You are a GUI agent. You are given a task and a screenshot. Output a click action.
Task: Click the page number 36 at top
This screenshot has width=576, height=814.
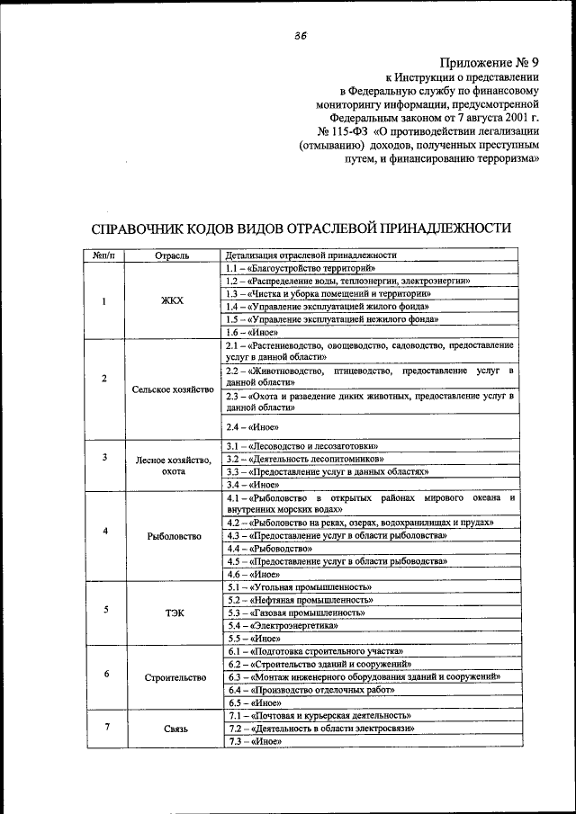pyautogui.click(x=300, y=36)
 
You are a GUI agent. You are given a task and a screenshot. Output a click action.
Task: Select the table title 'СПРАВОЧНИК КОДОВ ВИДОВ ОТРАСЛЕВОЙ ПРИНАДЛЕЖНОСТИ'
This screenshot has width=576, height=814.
pyautogui.click(x=301, y=228)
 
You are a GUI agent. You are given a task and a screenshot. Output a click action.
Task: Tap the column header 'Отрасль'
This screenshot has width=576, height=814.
pyautogui.click(x=172, y=255)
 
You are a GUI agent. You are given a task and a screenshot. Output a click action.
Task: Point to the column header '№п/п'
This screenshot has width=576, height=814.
pyautogui.click(x=104, y=255)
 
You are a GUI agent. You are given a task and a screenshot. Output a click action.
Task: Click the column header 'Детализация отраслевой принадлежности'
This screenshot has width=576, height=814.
pyautogui.click(x=310, y=255)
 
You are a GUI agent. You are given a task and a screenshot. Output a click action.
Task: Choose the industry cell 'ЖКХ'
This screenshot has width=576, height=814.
pyautogui.click(x=172, y=300)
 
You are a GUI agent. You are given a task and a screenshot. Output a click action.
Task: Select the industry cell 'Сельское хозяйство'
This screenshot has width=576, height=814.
pyautogui.click(x=172, y=389)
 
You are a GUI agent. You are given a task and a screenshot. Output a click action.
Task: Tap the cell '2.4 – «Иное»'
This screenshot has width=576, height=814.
pyautogui.click(x=253, y=427)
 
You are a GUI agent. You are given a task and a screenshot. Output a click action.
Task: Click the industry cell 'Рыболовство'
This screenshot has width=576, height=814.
pyautogui.click(x=172, y=535)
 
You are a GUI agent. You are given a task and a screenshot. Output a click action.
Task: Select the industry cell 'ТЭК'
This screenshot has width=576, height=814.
pyautogui.click(x=172, y=613)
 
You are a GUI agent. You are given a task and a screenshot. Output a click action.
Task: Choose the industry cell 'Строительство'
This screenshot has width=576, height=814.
pyautogui.click(x=172, y=677)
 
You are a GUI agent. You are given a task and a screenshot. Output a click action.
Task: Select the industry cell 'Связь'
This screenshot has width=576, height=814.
pyautogui.click(x=172, y=729)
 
